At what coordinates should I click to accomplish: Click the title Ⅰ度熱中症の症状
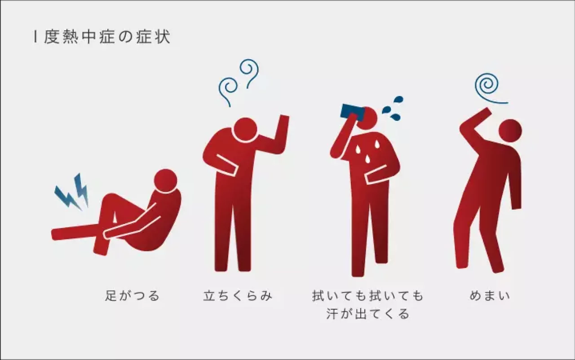pyautogui.click(x=102, y=37)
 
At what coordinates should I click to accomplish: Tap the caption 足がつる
pyautogui.click(x=133, y=296)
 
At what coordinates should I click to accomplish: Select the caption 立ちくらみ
pyautogui.click(x=238, y=296)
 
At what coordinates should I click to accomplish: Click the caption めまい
pyautogui.click(x=490, y=296)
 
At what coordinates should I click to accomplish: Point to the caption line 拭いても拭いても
pyautogui.click(x=368, y=296)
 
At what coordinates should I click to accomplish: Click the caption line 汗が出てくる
pyautogui.click(x=368, y=314)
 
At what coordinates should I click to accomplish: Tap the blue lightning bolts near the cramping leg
pyautogui.click(x=72, y=192)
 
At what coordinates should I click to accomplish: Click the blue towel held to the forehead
pyautogui.click(x=352, y=110)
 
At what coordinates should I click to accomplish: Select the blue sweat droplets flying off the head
pyautogui.click(x=393, y=109)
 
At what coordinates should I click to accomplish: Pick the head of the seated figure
pyautogui.click(x=165, y=180)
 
